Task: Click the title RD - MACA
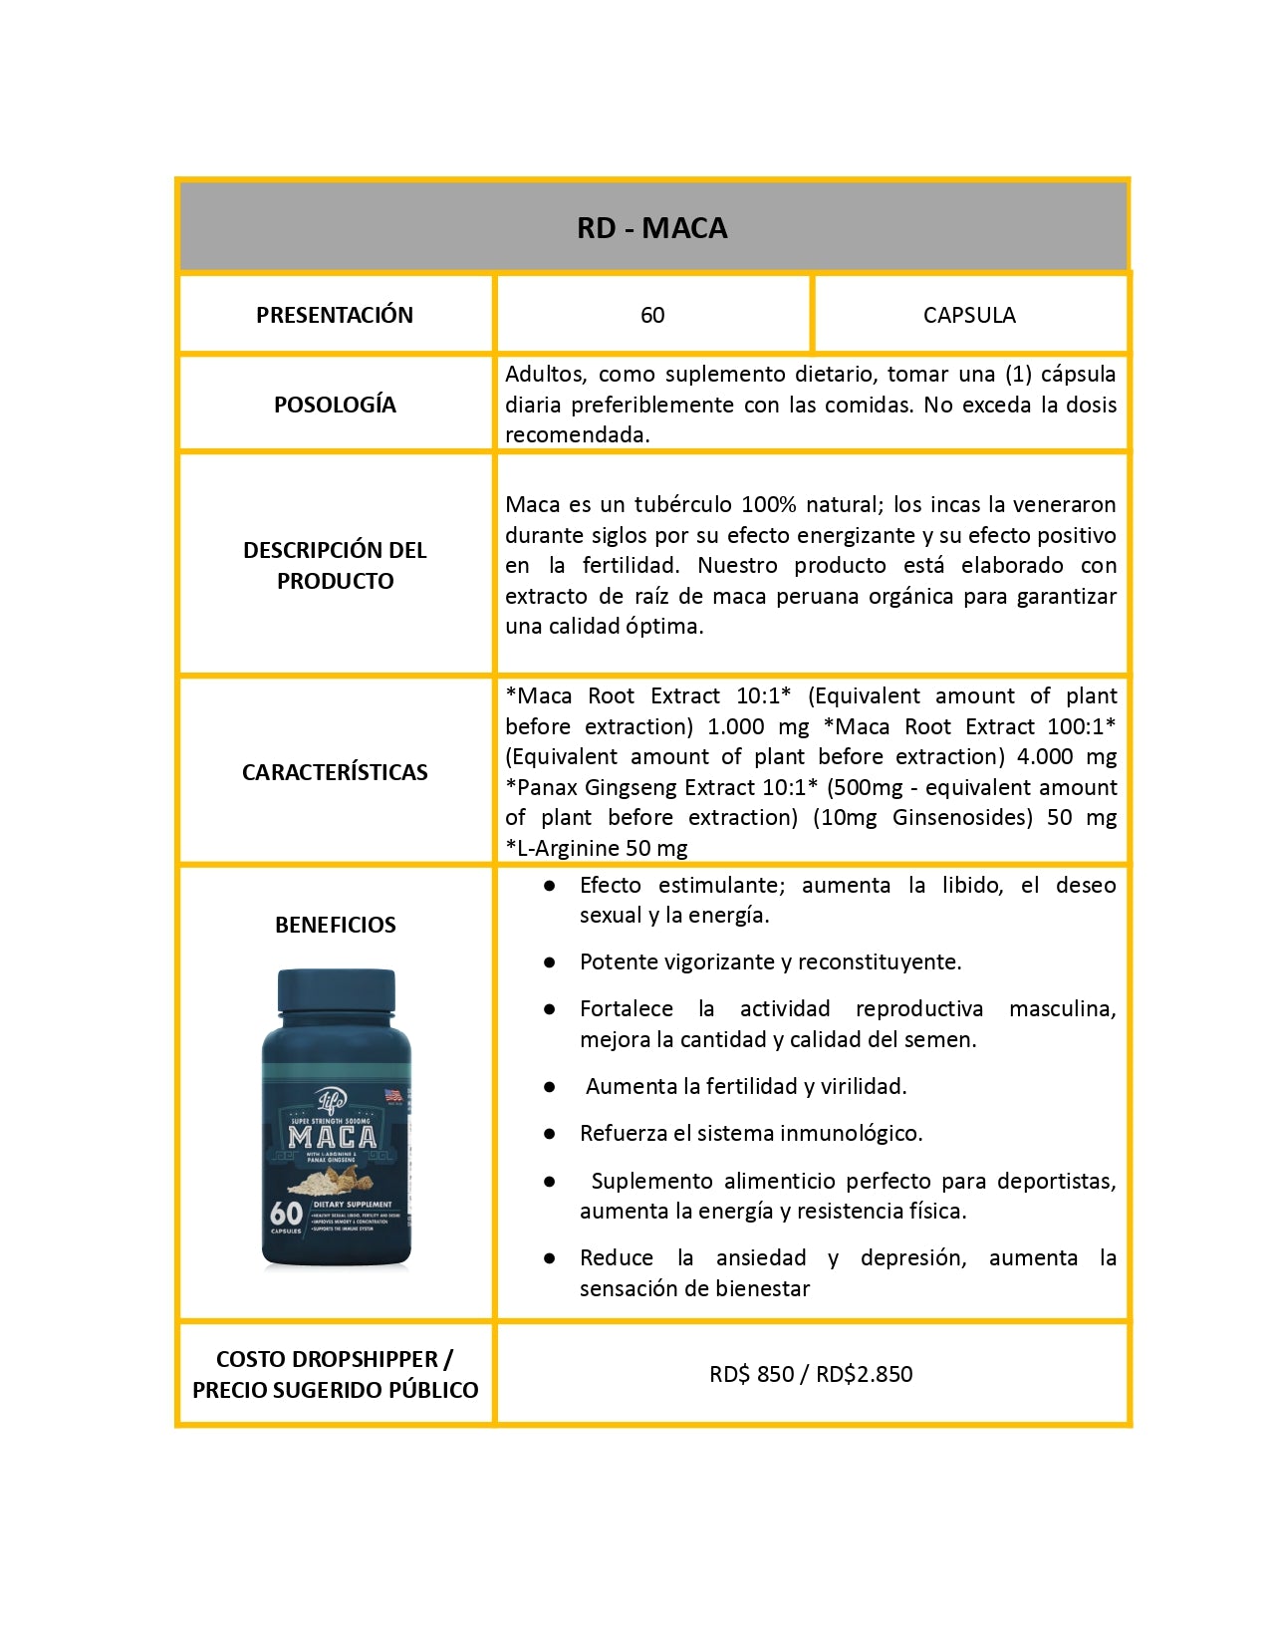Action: pyautogui.click(x=651, y=228)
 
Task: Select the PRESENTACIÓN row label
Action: pyautogui.click(x=335, y=315)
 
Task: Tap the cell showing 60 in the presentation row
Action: pyautogui.click(x=652, y=315)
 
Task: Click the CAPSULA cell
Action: pyautogui.click(x=969, y=315)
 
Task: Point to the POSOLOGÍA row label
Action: pyautogui.click(x=335, y=405)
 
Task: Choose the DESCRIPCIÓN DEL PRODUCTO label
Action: pyautogui.click(x=335, y=565)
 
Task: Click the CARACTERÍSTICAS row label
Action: pyautogui.click(x=335, y=772)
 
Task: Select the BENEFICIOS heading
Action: pyautogui.click(x=335, y=925)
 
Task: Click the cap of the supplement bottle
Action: pyautogui.click(x=336, y=991)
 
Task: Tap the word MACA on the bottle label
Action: pyautogui.click(x=333, y=1137)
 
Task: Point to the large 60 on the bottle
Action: pyautogui.click(x=286, y=1214)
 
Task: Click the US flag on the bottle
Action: pyautogui.click(x=393, y=1095)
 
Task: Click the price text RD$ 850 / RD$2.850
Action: pyautogui.click(x=811, y=1374)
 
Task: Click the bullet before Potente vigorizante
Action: pyautogui.click(x=549, y=962)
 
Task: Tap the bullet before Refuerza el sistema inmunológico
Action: pyautogui.click(x=549, y=1134)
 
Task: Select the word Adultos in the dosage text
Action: pyautogui.click(x=544, y=375)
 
